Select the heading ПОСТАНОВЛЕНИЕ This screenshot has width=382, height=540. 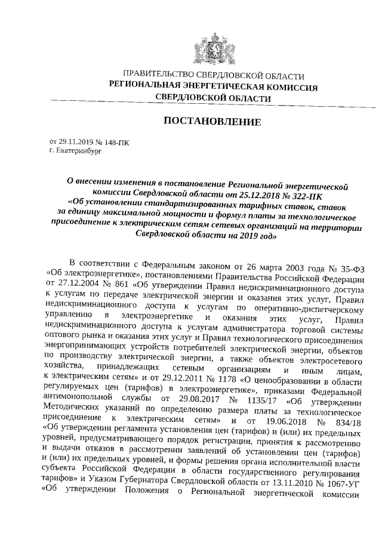(x=212, y=122)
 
